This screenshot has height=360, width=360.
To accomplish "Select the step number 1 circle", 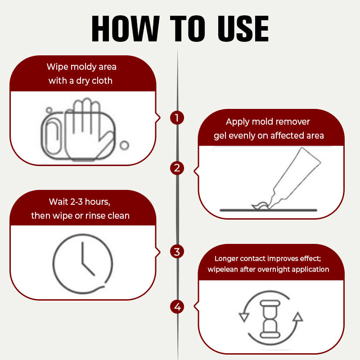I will pyautogui.click(x=177, y=118).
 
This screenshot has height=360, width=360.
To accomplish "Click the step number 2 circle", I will pyautogui.click(x=177, y=168).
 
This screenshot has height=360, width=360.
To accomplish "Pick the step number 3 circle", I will pyautogui.click(x=177, y=252).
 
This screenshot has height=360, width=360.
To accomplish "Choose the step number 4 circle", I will pyautogui.click(x=177, y=307).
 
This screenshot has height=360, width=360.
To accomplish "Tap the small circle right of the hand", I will pyautogui.click(x=125, y=145).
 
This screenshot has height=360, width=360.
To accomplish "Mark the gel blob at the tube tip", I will pyautogui.click(x=260, y=205).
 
